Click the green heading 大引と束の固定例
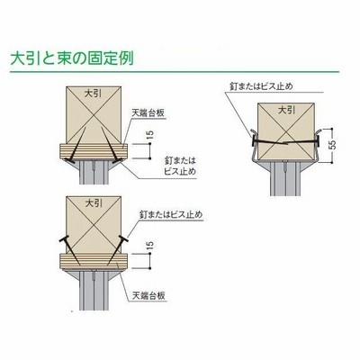click(x=72, y=58)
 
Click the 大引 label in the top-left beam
click(x=94, y=94)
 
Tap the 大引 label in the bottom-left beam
click(x=94, y=203)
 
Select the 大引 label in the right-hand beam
click(x=287, y=111)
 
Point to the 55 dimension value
click(x=332, y=145)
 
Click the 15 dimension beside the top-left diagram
click(x=150, y=135)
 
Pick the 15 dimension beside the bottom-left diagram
click(x=150, y=245)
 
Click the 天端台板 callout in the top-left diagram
click(x=148, y=113)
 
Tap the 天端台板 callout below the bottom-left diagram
click(x=148, y=296)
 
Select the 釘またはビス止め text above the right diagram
click(x=261, y=86)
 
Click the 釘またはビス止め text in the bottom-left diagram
click(x=171, y=215)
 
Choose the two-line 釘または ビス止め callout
click(x=180, y=166)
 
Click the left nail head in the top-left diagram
click(x=70, y=161)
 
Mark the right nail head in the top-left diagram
click(x=117, y=161)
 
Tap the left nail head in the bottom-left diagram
click(x=64, y=239)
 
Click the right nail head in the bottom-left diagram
click(x=124, y=239)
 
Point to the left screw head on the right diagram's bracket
click(x=253, y=140)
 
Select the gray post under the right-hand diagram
click(x=286, y=179)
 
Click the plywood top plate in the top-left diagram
click(x=94, y=150)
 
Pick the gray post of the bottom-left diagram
click(x=94, y=291)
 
